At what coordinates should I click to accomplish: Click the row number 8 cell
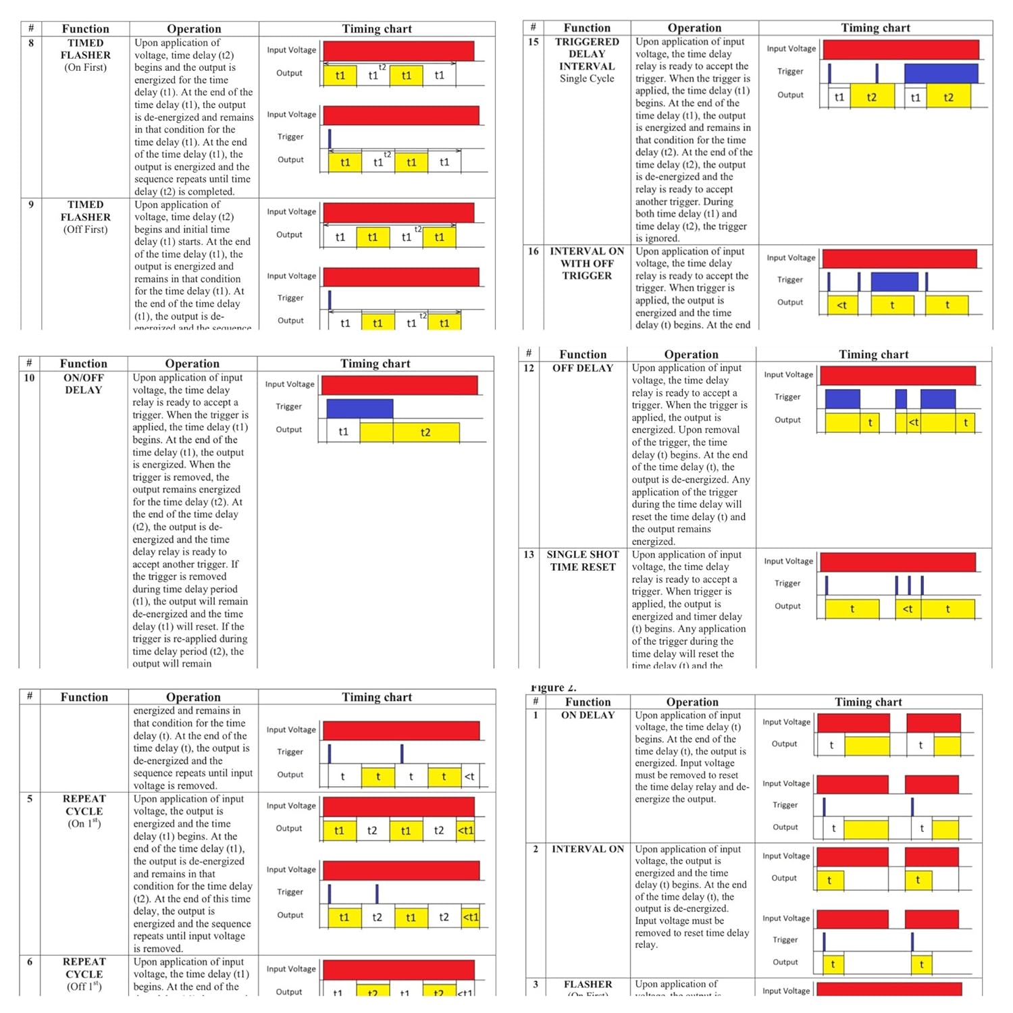coord(31,43)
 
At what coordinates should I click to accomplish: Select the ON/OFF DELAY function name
coord(83,384)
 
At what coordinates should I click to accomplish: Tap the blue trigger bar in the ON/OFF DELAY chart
coord(359,409)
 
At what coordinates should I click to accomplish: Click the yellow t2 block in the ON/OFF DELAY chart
coord(425,432)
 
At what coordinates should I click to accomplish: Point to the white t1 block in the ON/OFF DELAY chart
coord(343,432)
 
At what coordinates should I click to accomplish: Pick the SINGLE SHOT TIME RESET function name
coord(583,561)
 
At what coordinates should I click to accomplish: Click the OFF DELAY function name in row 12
coord(583,368)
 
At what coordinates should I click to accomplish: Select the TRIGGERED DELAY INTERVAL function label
coord(587,54)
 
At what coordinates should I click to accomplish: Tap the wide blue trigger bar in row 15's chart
coord(940,73)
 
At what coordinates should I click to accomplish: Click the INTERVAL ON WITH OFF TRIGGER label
coord(587,263)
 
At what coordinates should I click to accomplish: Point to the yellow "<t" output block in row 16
coord(842,305)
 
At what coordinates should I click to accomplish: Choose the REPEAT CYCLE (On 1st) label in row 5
coord(84,811)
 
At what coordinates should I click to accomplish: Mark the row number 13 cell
coord(529,554)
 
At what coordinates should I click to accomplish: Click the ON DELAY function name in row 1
coord(588,715)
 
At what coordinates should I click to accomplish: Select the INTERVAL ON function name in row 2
coord(588,849)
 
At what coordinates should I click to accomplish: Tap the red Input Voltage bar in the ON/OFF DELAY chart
coord(399,385)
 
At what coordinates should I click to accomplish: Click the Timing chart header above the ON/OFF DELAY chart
coord(375,363)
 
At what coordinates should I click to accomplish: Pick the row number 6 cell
coord(30,962)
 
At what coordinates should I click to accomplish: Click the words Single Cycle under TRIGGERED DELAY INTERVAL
coord(587,78)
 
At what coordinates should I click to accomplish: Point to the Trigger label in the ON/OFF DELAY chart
coord(288,407)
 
